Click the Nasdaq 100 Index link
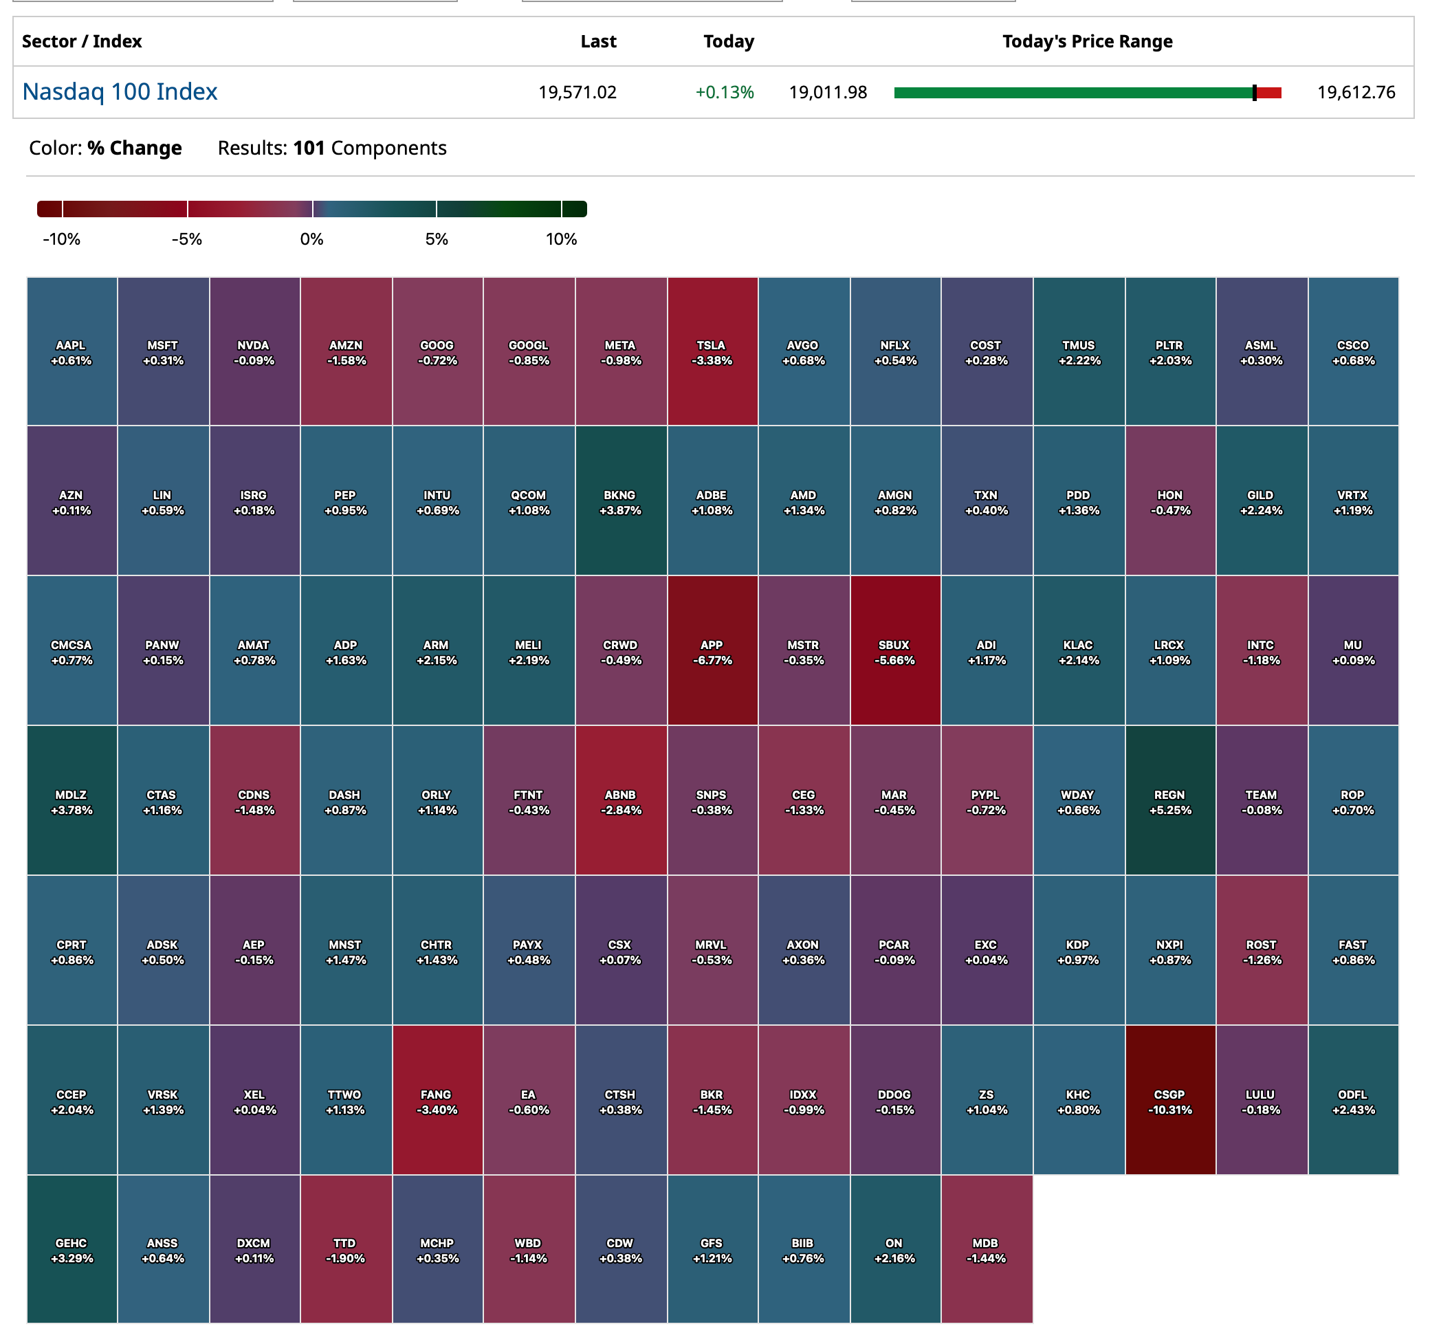[x=120, y=92]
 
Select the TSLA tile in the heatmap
[x=712, y=352]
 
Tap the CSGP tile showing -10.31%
[x=1169, y=1101]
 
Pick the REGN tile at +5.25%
[x=1169, y=801]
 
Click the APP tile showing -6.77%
[x=712, y=651]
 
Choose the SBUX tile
[x=895, y=651]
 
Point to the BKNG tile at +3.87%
[x=620, y=501]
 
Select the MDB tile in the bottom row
[x=986, y=1249]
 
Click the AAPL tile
[x=71, y=352]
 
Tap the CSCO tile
[x=1353, y=352]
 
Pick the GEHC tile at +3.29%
[x=71, y=1249]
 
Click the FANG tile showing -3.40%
[x=437, y=1101]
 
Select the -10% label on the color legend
[x=61, y=239]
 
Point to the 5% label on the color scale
[x=437, y=239]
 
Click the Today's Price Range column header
[x=1087, y=42]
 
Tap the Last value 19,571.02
[x=577, y=93]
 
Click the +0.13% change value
[x=725, y=93]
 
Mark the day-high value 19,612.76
[x=1356, y=93]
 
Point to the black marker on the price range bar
[x=1255, y=93]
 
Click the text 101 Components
[x=370, y=148]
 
